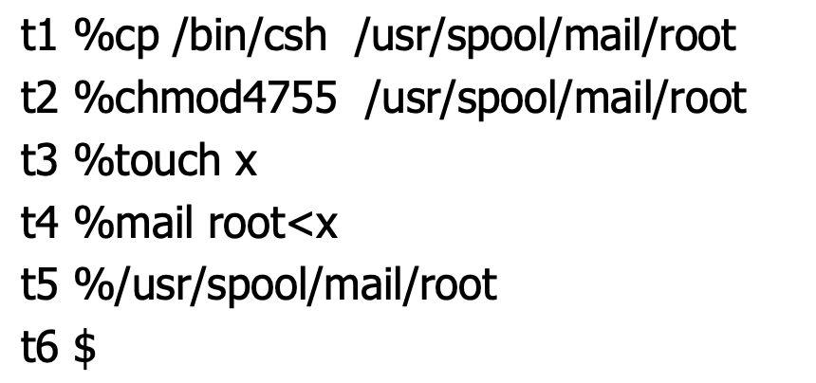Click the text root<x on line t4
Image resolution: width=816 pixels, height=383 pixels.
click(x=269, y=225)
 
